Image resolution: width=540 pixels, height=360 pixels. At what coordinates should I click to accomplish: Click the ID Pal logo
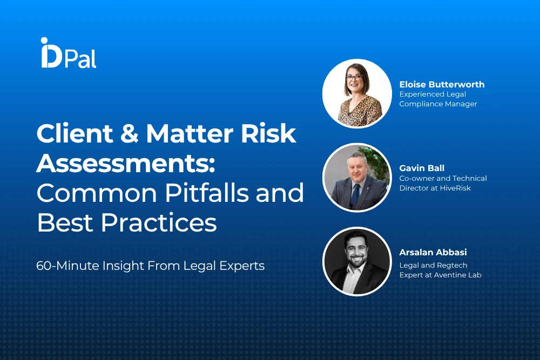pyautogui.click(x=68, y=53)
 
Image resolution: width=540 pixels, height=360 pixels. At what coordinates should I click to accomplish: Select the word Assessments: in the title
pyautogui.click(x=126, y=164)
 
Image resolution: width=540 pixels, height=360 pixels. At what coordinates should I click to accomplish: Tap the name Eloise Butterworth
pyautogui.click(x=442, y=84)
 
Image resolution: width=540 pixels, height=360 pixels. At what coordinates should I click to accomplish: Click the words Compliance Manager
pyautogui.click(x=438, y=104)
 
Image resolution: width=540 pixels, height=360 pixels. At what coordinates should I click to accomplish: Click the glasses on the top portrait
pyautogui.click(x=354, y=78)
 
